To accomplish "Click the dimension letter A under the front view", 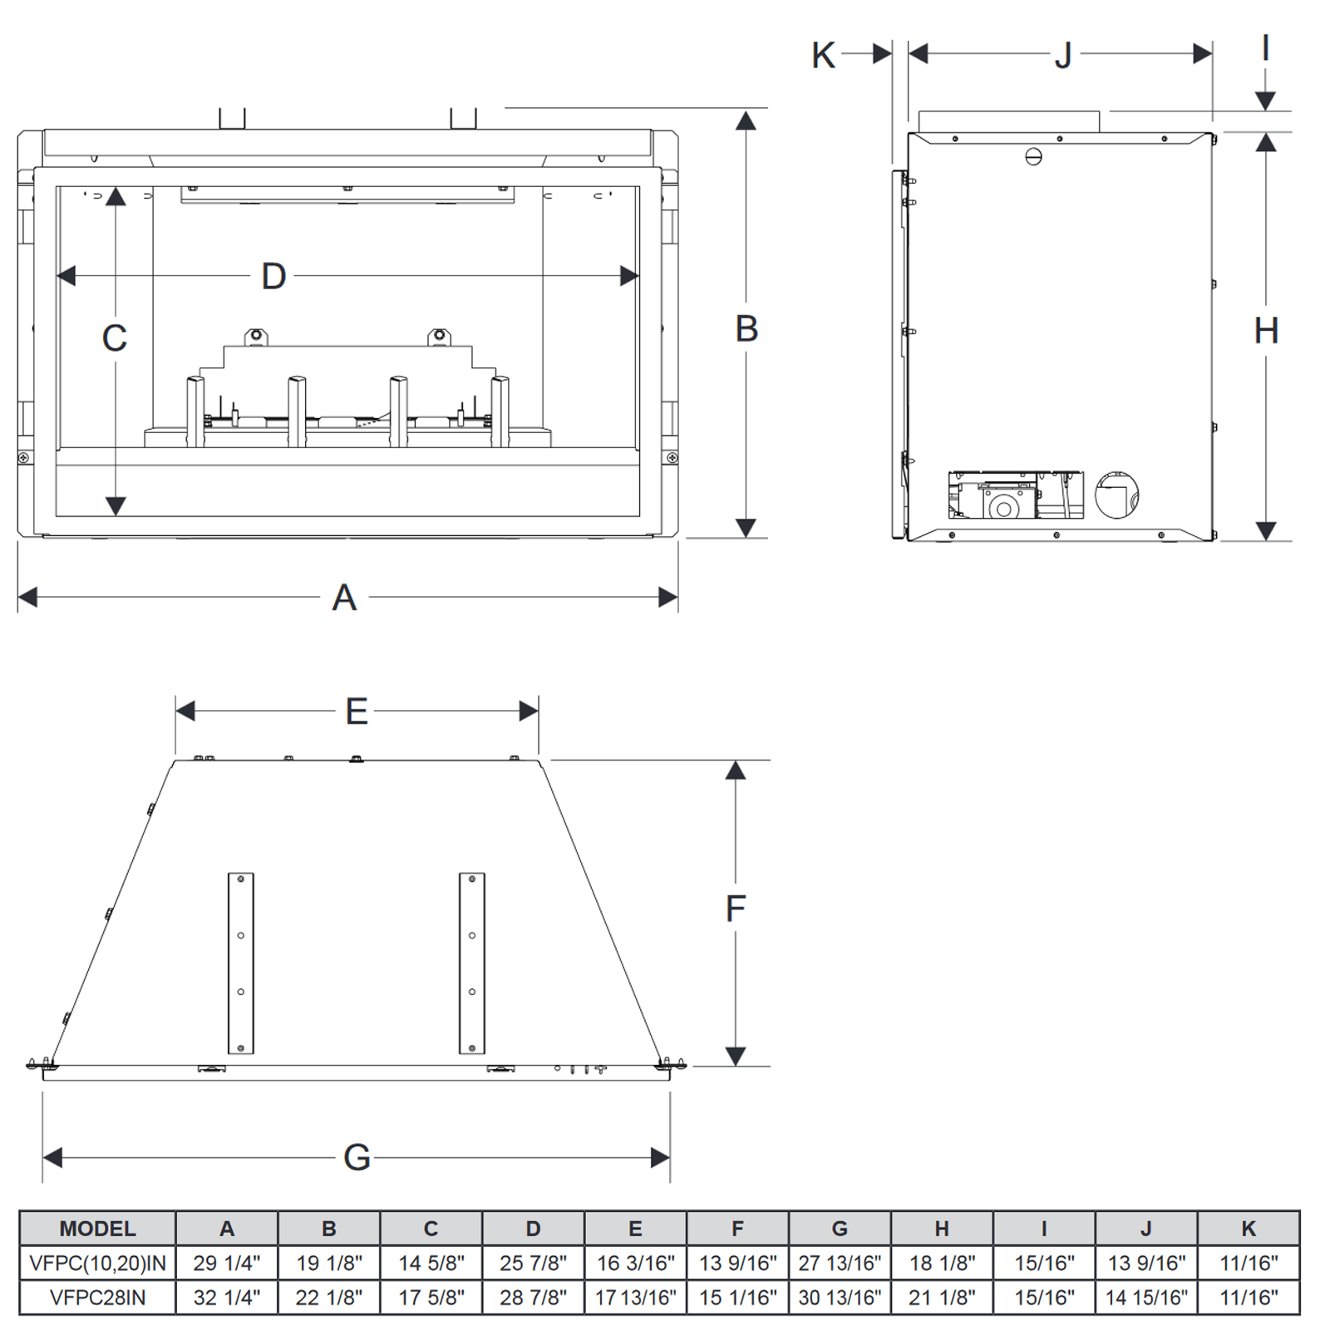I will pos(344,598).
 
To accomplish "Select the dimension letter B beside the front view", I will pos(746,329).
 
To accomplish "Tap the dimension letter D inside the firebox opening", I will pos(273,276).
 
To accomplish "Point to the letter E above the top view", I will pos(357,712).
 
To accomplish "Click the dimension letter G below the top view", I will pos(357,1157).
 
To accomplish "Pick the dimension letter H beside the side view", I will pos(1266,332).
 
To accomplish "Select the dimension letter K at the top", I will pos(823,56).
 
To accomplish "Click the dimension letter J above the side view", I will pos(1063,56).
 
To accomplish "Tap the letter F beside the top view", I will pos(736,909).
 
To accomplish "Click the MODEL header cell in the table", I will pos(97,1229).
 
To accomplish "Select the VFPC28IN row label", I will pos(97,1298).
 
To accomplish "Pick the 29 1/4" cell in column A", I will pos(226,1263).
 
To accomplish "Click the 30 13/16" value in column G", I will pos(840,1298).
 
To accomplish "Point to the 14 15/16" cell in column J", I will pos(1146,1298).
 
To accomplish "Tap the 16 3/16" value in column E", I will pos(635,1263).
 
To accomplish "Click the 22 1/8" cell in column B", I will pos(328,1298).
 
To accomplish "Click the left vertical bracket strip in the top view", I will pos(240,963).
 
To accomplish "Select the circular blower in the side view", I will pos(1116,495).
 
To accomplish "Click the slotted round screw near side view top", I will pos(1033,156).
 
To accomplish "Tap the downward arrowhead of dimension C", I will pos(116,505).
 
